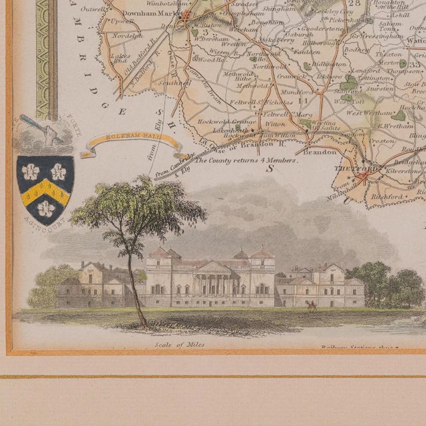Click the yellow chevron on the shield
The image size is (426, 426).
pyautogui.click(x=45, y=190)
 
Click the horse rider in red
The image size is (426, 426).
pyautogui.click(x=311, y=306)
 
